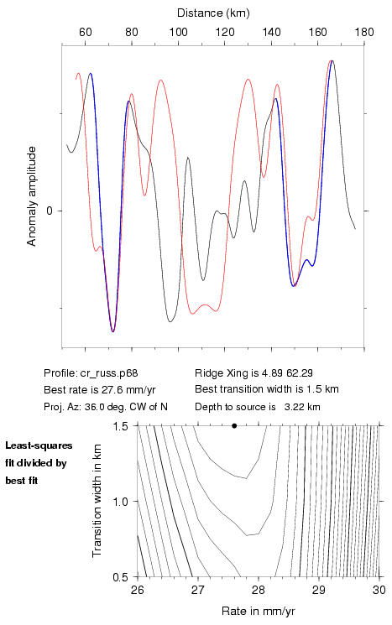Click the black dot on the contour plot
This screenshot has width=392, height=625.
pyautogui.click(x=234, y=425)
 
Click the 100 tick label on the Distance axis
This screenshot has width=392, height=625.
pyautogui.click(x=178, y=32)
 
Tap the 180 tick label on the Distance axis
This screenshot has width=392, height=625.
pyautogui.click(x=364, y=32)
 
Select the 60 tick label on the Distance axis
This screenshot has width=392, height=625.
pyautogui.click(x=86, y=32)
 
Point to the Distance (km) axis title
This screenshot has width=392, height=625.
pyautogui.click(x=213, y=13)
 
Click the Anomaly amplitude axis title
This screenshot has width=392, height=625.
pyautogui.click(x=32, y=196)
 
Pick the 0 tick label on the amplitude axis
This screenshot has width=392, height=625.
pyautogui.click(x=50, y=211)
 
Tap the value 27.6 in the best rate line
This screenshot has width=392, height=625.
pyautogui.click(x=110, y=389)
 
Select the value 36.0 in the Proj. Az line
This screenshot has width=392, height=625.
pyautogui.click(x=94, y=407)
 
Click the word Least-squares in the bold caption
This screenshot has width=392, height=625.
pyautogui.click(x=39, y=445)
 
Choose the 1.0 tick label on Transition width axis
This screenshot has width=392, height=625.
pyautogui.click(x=120, y=502)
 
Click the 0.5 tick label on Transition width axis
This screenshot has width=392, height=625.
pyautogui.click(x=120, y=577)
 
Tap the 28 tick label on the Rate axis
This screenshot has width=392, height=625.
pyautogui.click(x=259, y=590)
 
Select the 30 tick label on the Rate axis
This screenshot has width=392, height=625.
pyautogui.click(x=379, y=590)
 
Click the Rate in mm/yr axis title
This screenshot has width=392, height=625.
pyautogui.click(x=259, y=611)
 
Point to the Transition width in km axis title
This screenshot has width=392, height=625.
pyautogui.click(x=97, y=501)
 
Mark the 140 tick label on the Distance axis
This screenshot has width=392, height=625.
pyautogui.click(x=271, y=32)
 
